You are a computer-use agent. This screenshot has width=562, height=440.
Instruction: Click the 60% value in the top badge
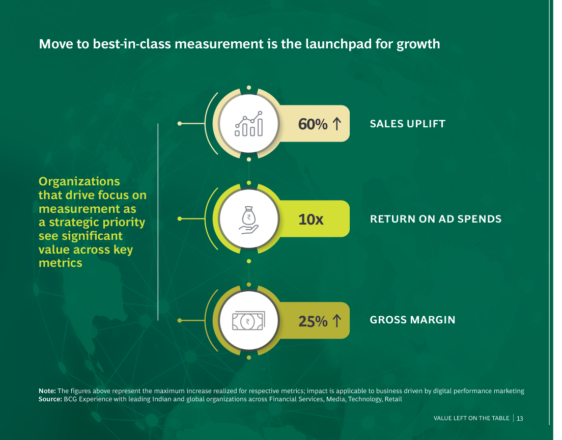click(x=313, y=124)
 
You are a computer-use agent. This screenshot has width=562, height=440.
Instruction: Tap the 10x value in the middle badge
click(x=311, y=219)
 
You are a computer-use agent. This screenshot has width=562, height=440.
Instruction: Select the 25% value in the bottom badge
click(x=313, y=321)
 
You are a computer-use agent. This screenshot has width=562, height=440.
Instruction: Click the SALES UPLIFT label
click(x=408, y=124)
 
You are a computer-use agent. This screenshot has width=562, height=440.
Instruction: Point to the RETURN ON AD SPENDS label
click(x=435, y=219)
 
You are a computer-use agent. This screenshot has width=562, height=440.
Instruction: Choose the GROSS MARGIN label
click(x=412, y=319)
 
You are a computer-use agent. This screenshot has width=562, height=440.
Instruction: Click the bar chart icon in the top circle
click(x=249, y=124)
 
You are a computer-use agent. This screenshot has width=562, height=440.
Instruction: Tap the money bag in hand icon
click(x=249, y=220)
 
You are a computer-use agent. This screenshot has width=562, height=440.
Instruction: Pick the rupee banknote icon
click(x=249, y=321)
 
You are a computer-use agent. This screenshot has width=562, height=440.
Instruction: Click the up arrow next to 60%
click(x=336, y=124)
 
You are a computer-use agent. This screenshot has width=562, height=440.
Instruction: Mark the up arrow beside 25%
click(x=336, y=321)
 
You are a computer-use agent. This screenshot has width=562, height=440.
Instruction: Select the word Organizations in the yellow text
click(x=79, y=182)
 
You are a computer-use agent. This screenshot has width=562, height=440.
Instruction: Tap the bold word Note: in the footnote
click(x=47, y=391)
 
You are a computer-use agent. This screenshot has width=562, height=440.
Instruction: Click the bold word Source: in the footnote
click(x=50, y=399)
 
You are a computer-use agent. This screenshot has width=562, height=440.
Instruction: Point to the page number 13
click(x=520, y=419)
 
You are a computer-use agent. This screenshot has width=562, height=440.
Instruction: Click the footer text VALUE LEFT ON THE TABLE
click(x=471, y=418)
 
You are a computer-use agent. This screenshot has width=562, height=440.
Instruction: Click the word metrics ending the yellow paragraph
click(x=61, y=263)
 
